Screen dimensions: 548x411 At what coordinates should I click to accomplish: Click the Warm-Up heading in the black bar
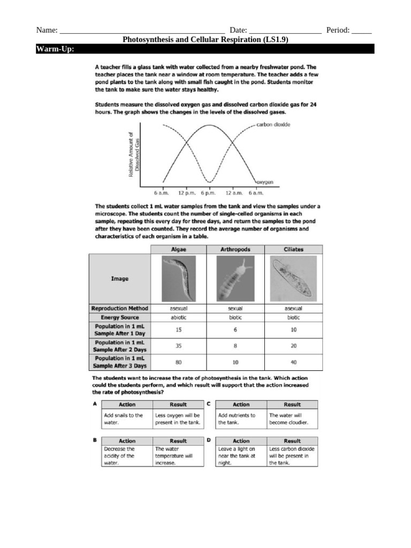coord(55,49)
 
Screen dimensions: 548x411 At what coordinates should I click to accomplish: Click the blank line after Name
coord(141,31)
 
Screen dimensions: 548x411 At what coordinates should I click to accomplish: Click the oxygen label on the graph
coord(264,182)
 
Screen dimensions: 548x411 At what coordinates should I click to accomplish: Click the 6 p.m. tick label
coord(207,193)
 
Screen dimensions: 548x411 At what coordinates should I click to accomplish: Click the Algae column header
coord(178,249)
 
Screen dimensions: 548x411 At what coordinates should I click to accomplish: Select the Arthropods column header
coord(235,249)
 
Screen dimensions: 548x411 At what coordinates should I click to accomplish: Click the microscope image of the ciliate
coord(293,278)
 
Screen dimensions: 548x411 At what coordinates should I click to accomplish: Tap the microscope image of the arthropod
coord(235,278)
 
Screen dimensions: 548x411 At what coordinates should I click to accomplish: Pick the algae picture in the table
coord(178,278)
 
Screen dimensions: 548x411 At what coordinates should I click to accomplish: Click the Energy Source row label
coord(120,317)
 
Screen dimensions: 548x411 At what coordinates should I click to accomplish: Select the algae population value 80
coord(178,362)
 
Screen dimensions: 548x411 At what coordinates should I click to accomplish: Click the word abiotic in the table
coord(178,317)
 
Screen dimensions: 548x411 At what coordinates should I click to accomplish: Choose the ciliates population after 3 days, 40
coord(293,362)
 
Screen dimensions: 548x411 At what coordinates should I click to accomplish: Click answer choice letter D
coord(209,440)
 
